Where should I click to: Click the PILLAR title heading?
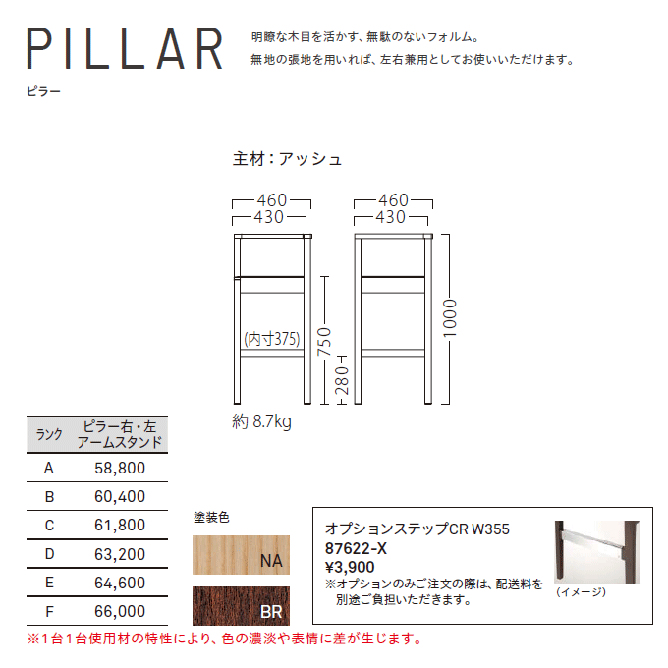tap(125, 48)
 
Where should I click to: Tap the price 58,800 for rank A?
tap(120, 468)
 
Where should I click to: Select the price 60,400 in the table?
tap(120, 496)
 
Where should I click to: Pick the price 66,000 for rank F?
tap(120, 611)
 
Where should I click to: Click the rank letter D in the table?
tap(49, 554)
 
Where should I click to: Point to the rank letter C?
tap(49, 526)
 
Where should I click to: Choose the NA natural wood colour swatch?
tap(241, 555)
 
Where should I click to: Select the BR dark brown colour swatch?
tap(241, 606)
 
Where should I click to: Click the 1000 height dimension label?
tap(450, 318)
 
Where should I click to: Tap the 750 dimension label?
tap(324, 342)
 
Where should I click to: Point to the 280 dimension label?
tap(342, 380)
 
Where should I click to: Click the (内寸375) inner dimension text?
tap(272, 339)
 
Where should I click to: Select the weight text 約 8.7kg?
tap(261, 421)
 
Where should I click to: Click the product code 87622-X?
tap(356, 548)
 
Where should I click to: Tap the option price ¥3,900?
tap(350, 567)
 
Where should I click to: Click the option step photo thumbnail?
tap(597, 552)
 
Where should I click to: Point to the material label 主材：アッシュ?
tap(287, 159)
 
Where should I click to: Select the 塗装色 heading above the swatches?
tap(211, 517)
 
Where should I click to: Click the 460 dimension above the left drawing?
tap(272, 199)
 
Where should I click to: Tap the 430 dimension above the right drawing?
tap(391, 217)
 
